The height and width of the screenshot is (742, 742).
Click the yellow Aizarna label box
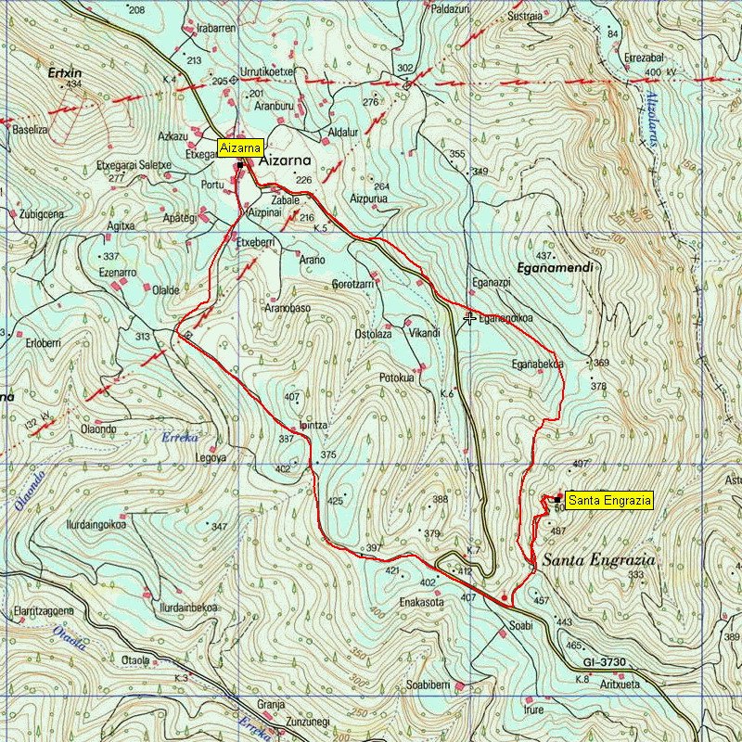click(x=242, y=147)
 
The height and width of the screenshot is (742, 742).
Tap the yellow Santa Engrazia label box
click(x=609, y=500)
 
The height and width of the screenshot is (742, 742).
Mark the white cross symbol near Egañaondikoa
click(x=470, y=318)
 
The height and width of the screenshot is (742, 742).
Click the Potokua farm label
click(x=399, y=377)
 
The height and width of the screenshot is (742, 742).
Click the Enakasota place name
click(x=422, y=602)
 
